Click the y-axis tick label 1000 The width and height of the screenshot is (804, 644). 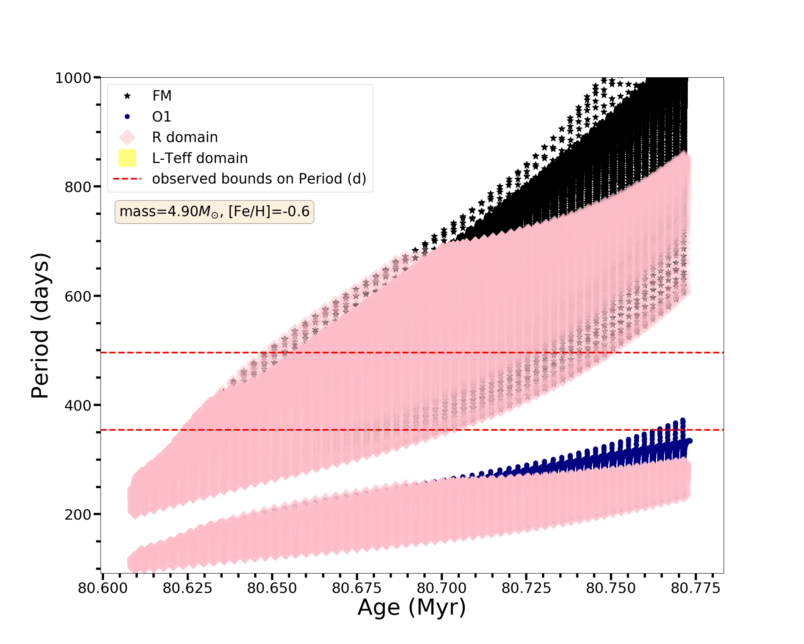pyautogui.click(x=73, y=78)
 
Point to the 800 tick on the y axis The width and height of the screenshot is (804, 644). pyautogui.click(x=78, y=187)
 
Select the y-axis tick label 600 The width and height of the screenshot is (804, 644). pyautogui.click(x=78, y=296)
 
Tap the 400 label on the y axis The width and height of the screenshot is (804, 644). pyautogui.click(x=78, y=405)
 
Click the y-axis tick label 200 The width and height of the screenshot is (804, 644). pyautogui.click(x=78, y=514)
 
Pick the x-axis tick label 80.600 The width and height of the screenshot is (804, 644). pyautogui.click(x=103, y=588)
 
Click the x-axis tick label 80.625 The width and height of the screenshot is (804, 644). pyautogui.click(x=187, y=588)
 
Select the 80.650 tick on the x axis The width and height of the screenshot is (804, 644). pyautogui.click(x=272, y=588)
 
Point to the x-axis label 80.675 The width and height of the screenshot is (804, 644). pyautogui.click(x=357, y=588)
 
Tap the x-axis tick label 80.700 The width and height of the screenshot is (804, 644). pyautogui.click(x=441, y=588)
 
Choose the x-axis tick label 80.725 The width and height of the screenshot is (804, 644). pyautogui.click(x=526, y=588)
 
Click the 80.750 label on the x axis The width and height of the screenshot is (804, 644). pyautogui.click(x=611, y=588)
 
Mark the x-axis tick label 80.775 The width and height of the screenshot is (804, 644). pyautogui.click(x=695, y=588)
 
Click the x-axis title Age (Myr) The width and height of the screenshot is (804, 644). pyautogui.click(x=412, y=607)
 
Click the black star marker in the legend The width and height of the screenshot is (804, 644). pyautogui.click(x=127, y=96)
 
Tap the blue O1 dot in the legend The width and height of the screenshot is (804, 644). pyautogui.click(x=127, y=117)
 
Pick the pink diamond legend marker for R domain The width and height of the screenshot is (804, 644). pyautogui.click(x=127, y=137)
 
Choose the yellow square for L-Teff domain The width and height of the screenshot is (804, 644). pyautogui.click(x=127, y=158)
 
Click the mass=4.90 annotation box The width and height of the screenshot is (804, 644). pyautogui.click(x=214, y=212)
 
